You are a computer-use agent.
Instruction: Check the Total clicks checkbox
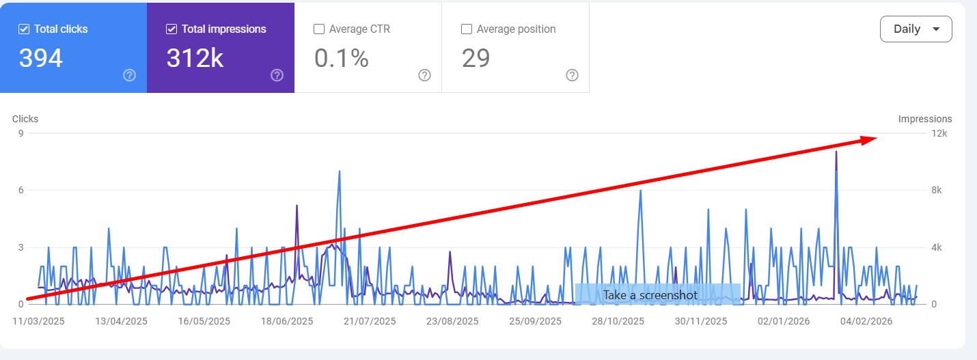click(24, 29)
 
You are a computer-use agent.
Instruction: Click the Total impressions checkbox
click(171, 29)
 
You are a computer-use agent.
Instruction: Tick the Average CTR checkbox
click(318, 29)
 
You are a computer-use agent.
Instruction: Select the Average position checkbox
click(467, 29)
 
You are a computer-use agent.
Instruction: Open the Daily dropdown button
click(916, 29)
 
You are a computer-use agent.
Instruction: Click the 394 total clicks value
click(41, 59)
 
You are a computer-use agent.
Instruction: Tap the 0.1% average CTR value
click(342, 59)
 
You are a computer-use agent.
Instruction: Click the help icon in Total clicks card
click(130, 75)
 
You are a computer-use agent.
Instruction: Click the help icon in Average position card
click(573, 75)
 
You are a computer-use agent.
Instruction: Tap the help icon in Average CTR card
click(424, 75)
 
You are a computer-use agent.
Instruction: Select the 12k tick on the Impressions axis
click(940, 134)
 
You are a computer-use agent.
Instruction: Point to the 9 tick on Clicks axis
click(21, 134)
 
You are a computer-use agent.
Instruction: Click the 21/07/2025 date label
click(370, 321)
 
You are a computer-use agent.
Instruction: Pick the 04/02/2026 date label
click(866, 321)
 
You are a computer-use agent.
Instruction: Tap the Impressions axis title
click(924, 119)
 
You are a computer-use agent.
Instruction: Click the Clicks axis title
click(25, 119)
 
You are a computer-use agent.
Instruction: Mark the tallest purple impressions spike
click(836, 153)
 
